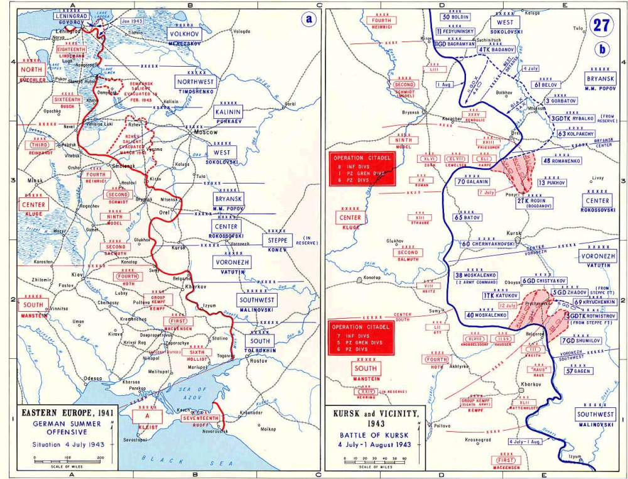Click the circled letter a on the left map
308,18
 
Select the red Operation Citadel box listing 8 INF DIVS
362,168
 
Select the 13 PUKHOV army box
551,183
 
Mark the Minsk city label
35,180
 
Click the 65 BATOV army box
467,217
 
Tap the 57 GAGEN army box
578,371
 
